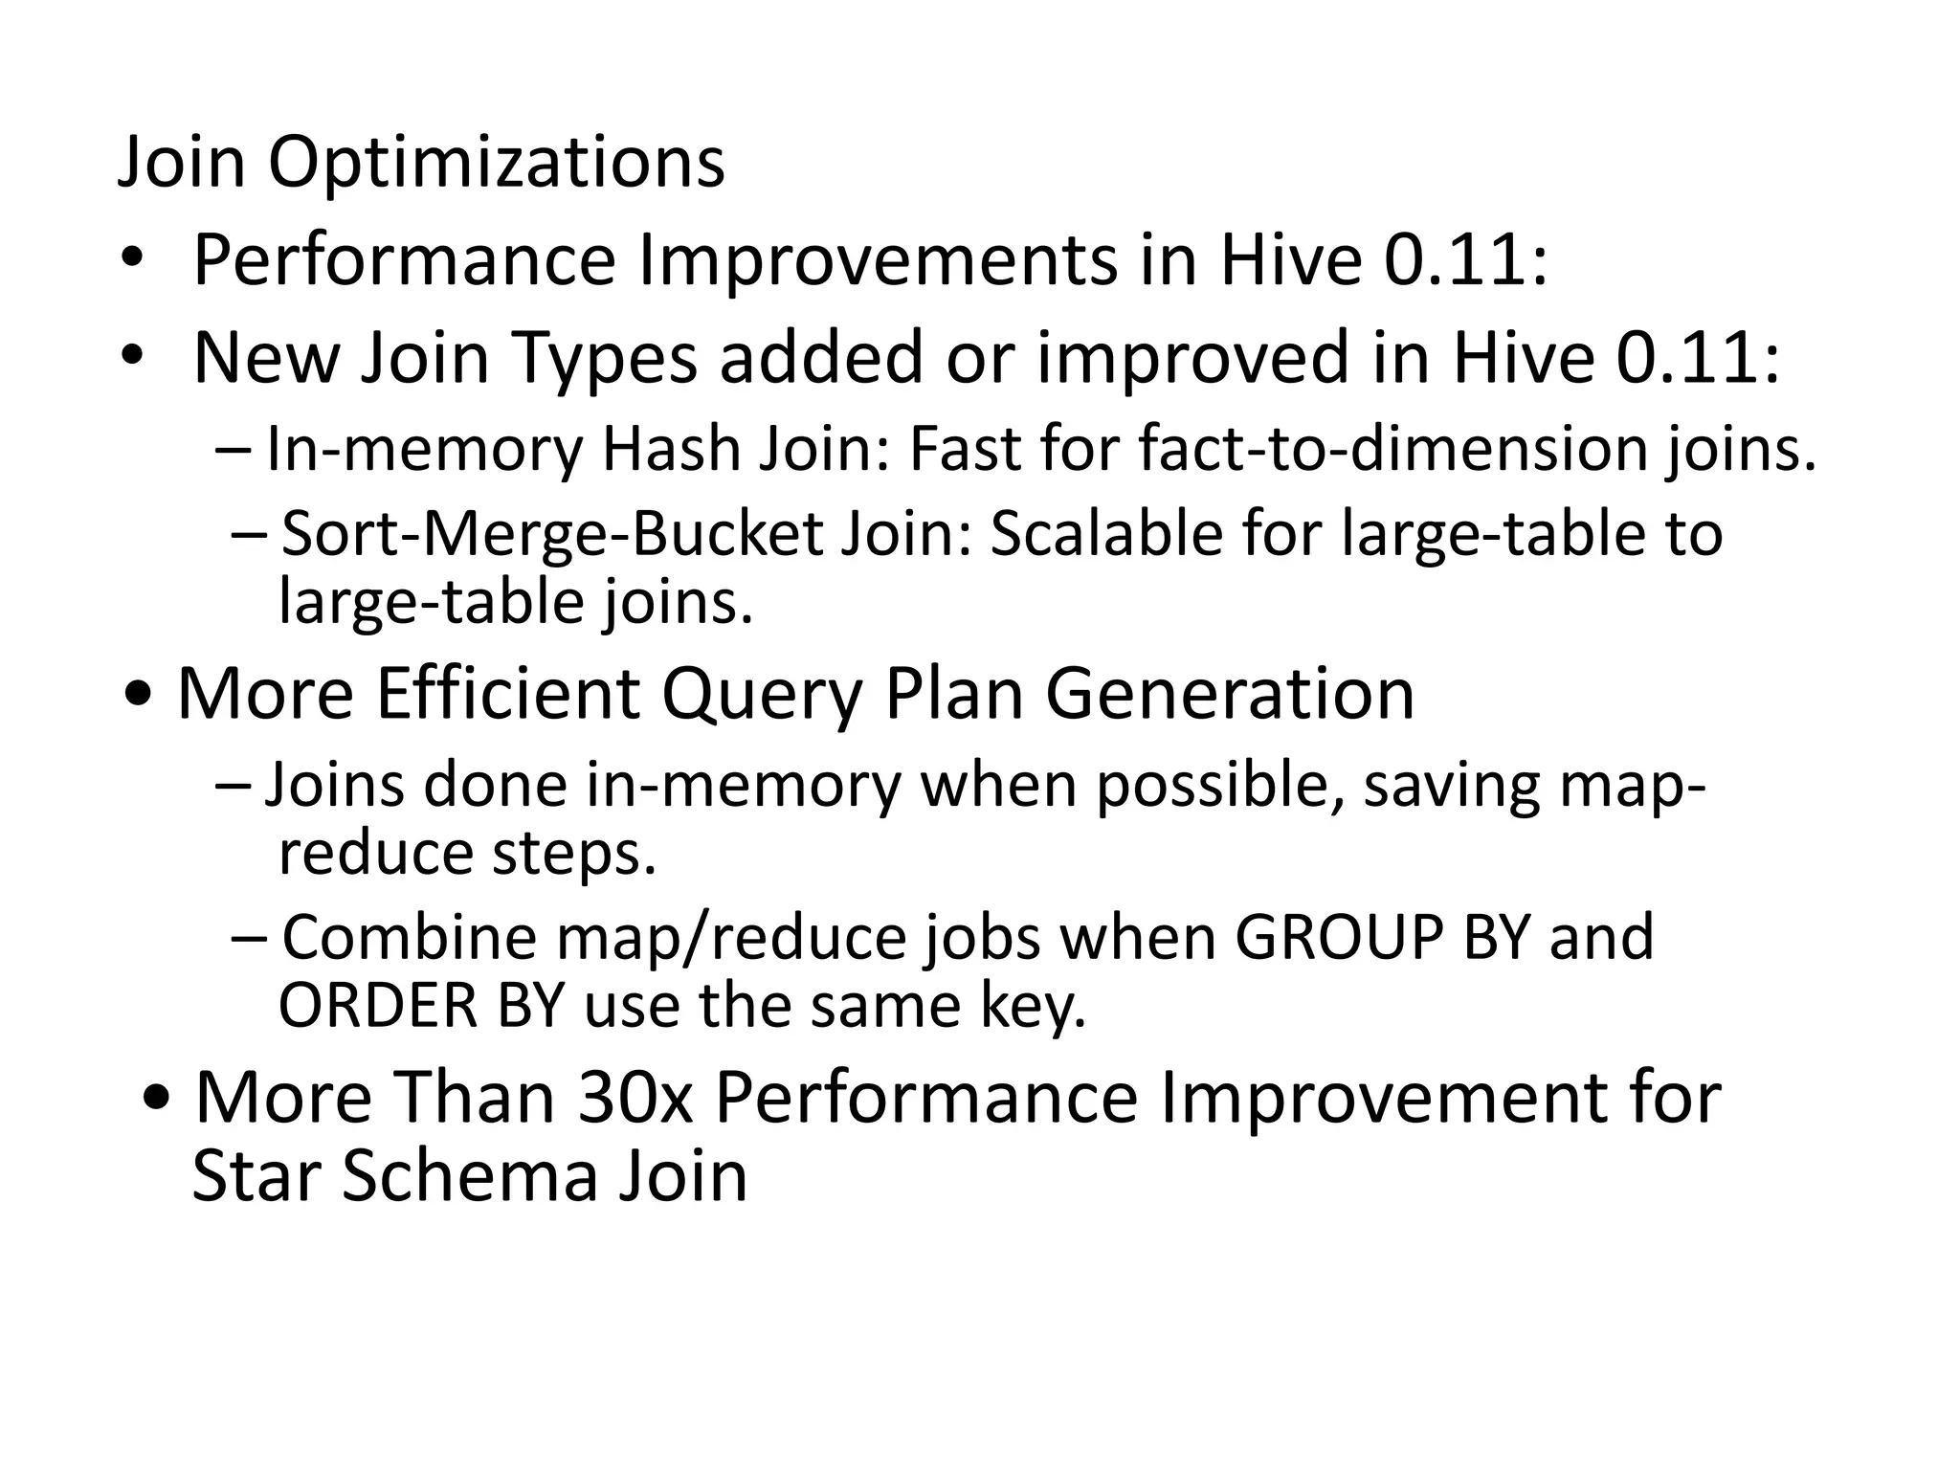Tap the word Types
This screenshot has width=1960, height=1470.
(605, 357)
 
